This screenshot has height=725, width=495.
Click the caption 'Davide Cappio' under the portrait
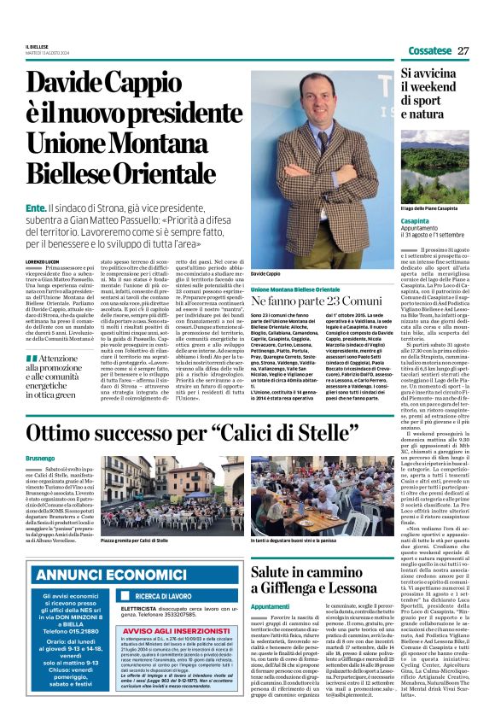[x=266, y=273]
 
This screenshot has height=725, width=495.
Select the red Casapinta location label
[x=415, y=220]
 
